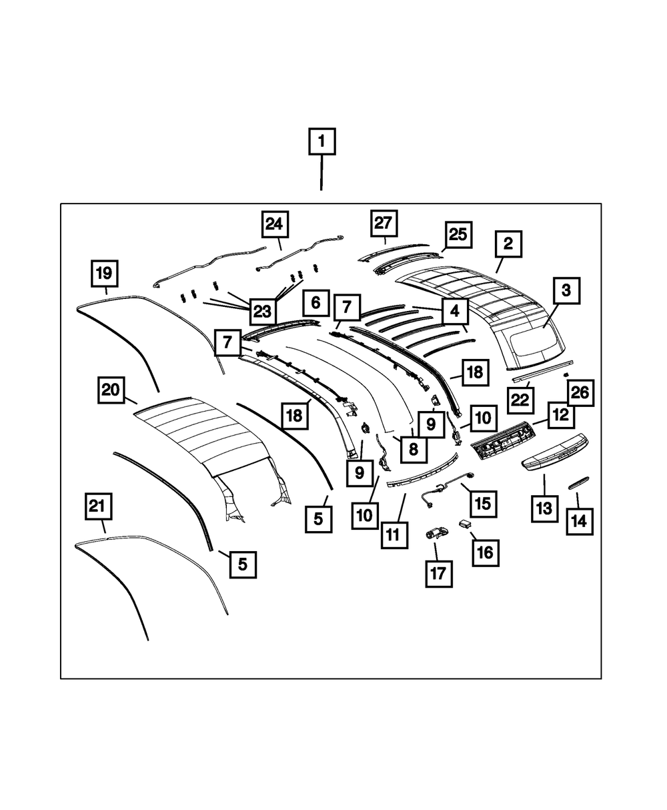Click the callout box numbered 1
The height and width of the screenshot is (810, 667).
tap(321, 141)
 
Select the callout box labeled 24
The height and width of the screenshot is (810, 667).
tap(274, 224)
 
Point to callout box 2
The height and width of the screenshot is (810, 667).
tap(508, 244)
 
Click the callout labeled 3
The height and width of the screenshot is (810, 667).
tap(566, 291)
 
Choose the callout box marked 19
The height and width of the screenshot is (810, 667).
tap(105, 274)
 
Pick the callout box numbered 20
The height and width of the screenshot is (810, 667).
tap(111, 390)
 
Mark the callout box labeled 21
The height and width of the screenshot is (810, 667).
tap(98, 507)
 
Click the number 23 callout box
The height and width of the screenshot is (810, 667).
tap(261, 311)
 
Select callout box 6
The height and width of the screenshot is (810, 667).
tap(315, 303)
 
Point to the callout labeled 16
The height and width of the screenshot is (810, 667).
tap(484, 552)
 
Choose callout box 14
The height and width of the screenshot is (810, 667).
tap(580, 520)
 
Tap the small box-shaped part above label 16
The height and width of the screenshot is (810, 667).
tap(466, 524)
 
